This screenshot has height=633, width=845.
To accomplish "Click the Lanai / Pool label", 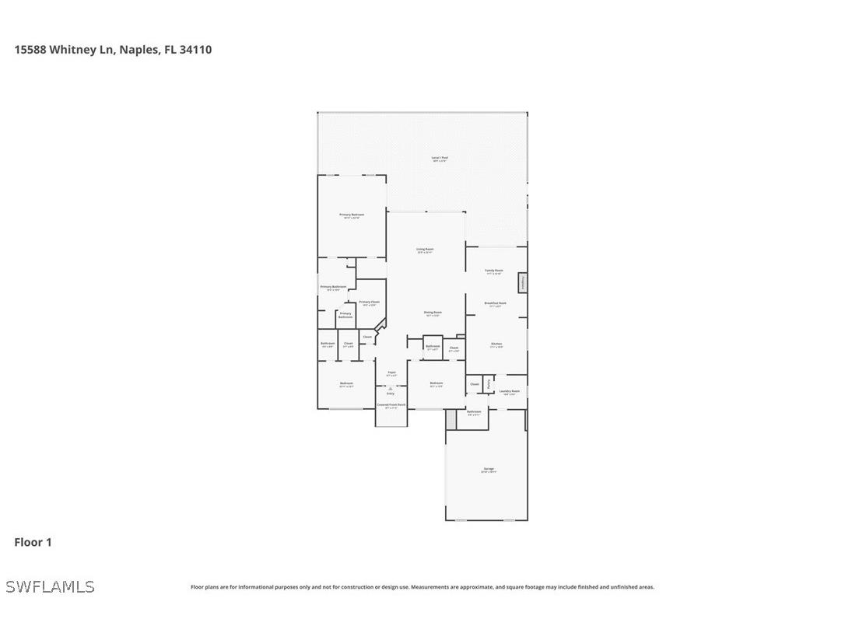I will (x=440, y=159).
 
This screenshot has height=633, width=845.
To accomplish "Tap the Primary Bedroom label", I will (x=352, y=215).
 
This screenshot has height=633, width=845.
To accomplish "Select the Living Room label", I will (x=425, y=250).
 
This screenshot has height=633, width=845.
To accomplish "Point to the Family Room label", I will (x=494, y=271).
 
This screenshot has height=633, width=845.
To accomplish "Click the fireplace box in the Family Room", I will (x=523, y=282).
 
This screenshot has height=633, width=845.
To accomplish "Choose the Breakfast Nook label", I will (x=496, y=304).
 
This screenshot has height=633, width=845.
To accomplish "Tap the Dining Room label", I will (x=433, y=313).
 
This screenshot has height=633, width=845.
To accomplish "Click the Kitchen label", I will (x=496, y=344).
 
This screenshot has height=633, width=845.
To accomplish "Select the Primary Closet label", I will (x=369, y=303).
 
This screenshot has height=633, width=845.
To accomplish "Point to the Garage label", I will (x=489, y=470).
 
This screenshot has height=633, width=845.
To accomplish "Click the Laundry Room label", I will (x=509, y=392).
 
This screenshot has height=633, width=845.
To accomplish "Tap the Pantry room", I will (x=488, y=383).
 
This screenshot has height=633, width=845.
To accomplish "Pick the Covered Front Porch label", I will (x=391, y=406).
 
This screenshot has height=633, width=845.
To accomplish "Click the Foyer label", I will (x=391, y=373).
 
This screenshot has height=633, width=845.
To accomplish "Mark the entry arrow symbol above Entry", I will (x=391, y=387).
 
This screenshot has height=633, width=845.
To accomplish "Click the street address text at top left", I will (x=113, y=50).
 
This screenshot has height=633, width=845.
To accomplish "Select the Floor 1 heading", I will (x=33, y=542).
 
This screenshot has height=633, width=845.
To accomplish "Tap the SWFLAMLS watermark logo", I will (x=50, y=586).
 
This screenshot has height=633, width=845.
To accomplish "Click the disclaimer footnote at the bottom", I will (x=422, y=587).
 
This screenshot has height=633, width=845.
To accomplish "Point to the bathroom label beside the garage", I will (x=474, y=412).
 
